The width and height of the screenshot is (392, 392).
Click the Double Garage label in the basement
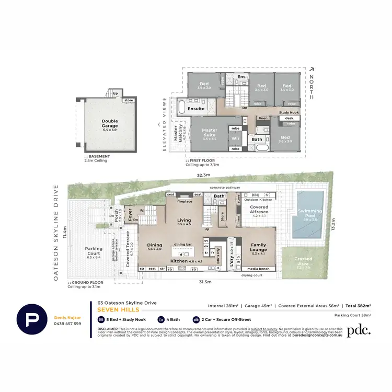(110, 123)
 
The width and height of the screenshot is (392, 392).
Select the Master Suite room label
(210, 133)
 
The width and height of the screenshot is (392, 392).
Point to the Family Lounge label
(258, 247)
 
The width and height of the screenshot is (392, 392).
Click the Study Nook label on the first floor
(288, 112)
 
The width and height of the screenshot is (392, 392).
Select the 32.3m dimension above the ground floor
(203, 175)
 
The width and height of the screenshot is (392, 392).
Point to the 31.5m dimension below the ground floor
(205, 282)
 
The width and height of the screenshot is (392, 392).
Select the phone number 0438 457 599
(68, 324)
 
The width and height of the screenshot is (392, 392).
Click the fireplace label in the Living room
(185, 201)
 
